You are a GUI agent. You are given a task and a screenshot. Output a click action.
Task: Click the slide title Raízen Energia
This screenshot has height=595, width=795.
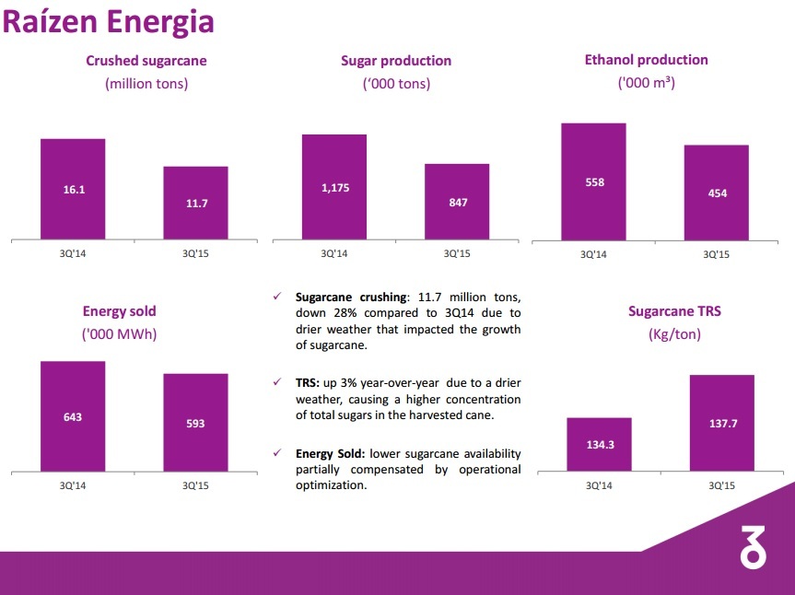tap(108, 22)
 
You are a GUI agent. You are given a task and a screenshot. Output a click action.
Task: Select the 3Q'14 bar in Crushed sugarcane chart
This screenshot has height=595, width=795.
tap(73, 189)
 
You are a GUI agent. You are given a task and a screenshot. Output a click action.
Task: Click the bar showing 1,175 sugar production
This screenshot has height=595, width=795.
tap(334, 187)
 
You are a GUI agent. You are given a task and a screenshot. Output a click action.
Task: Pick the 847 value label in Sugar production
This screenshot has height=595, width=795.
tap(458, 203)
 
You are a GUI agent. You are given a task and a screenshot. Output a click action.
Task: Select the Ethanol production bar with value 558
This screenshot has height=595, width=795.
tap(594, 182)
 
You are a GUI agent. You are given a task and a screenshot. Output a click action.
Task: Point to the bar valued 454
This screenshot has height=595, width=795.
tap(717, 193)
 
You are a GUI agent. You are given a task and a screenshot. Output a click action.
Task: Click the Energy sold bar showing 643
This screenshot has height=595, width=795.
tap(73, 416)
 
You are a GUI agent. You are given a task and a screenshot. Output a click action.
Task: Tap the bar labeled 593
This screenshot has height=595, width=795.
tap(195, 423)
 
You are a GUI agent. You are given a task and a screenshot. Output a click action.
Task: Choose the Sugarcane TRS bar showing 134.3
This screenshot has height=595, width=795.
tap(599, 444)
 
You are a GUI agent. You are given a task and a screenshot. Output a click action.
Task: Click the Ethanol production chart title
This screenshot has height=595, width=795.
tap(646, 60)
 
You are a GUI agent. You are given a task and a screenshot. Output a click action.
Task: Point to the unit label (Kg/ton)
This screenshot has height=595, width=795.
tap(674, 334)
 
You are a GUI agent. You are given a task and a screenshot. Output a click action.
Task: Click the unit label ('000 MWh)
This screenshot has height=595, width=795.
tap(119, 334)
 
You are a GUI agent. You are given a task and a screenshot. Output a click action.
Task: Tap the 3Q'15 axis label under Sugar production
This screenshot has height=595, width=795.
tap(457, 253)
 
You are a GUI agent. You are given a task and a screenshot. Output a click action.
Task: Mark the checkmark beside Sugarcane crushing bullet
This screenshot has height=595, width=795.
tap(277, 297)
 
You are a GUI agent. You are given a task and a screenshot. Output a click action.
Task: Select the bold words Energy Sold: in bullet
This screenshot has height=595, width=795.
tap(331, 454)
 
